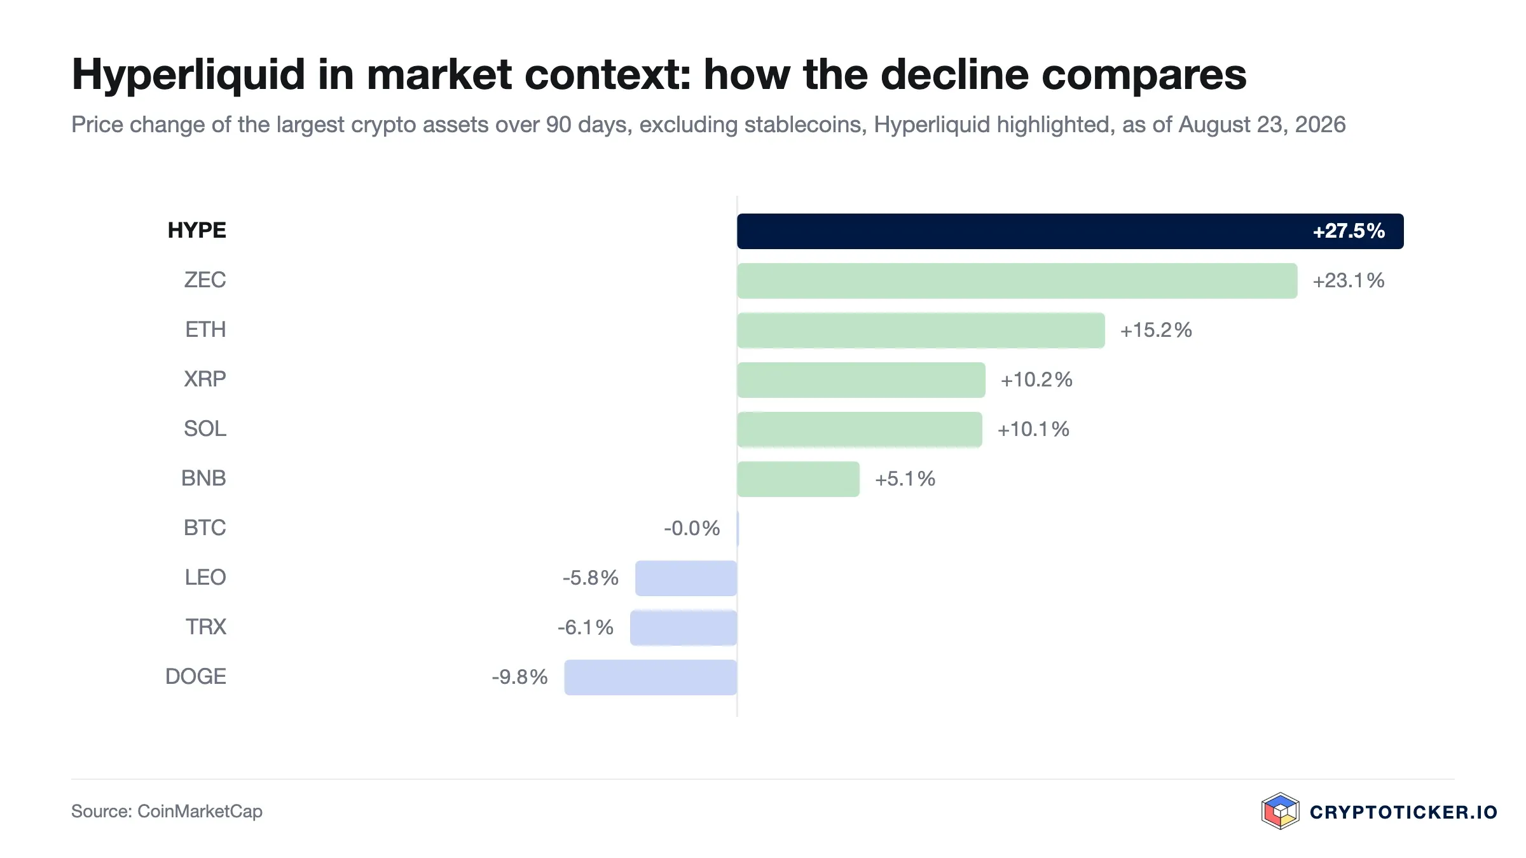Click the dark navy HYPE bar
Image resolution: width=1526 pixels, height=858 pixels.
(1070, 231)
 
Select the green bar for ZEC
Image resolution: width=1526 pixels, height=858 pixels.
(1017, 281)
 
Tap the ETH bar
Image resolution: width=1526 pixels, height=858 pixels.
(921, 330)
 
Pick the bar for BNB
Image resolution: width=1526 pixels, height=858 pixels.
(798, 479)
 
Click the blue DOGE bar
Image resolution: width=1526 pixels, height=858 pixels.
(650, 678)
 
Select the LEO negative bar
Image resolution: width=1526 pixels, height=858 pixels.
(686, 578)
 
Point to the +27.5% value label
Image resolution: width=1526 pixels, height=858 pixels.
(1349, 231)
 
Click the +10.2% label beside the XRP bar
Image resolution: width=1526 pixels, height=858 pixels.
(1036, 380)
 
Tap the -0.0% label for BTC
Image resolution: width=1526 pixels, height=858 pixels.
(692, 528)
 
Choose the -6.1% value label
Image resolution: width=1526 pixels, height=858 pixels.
(586, 628)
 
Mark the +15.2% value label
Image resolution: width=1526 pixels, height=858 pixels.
(1156, 330)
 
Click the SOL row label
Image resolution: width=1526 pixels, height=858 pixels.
(205, 429)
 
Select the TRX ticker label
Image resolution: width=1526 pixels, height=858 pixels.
(205, 627)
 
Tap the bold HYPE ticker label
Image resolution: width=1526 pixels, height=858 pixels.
(196, 230)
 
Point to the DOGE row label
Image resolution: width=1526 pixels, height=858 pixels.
(196, 677)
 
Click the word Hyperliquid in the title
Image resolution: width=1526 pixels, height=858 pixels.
(189, 75)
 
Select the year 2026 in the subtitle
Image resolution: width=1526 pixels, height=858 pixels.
(1320, 125)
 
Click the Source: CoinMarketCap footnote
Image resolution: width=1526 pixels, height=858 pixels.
(167, 812)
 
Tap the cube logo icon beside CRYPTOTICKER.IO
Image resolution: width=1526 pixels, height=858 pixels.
(1280, 811)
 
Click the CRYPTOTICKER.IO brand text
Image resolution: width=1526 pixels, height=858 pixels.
(1403, 812)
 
